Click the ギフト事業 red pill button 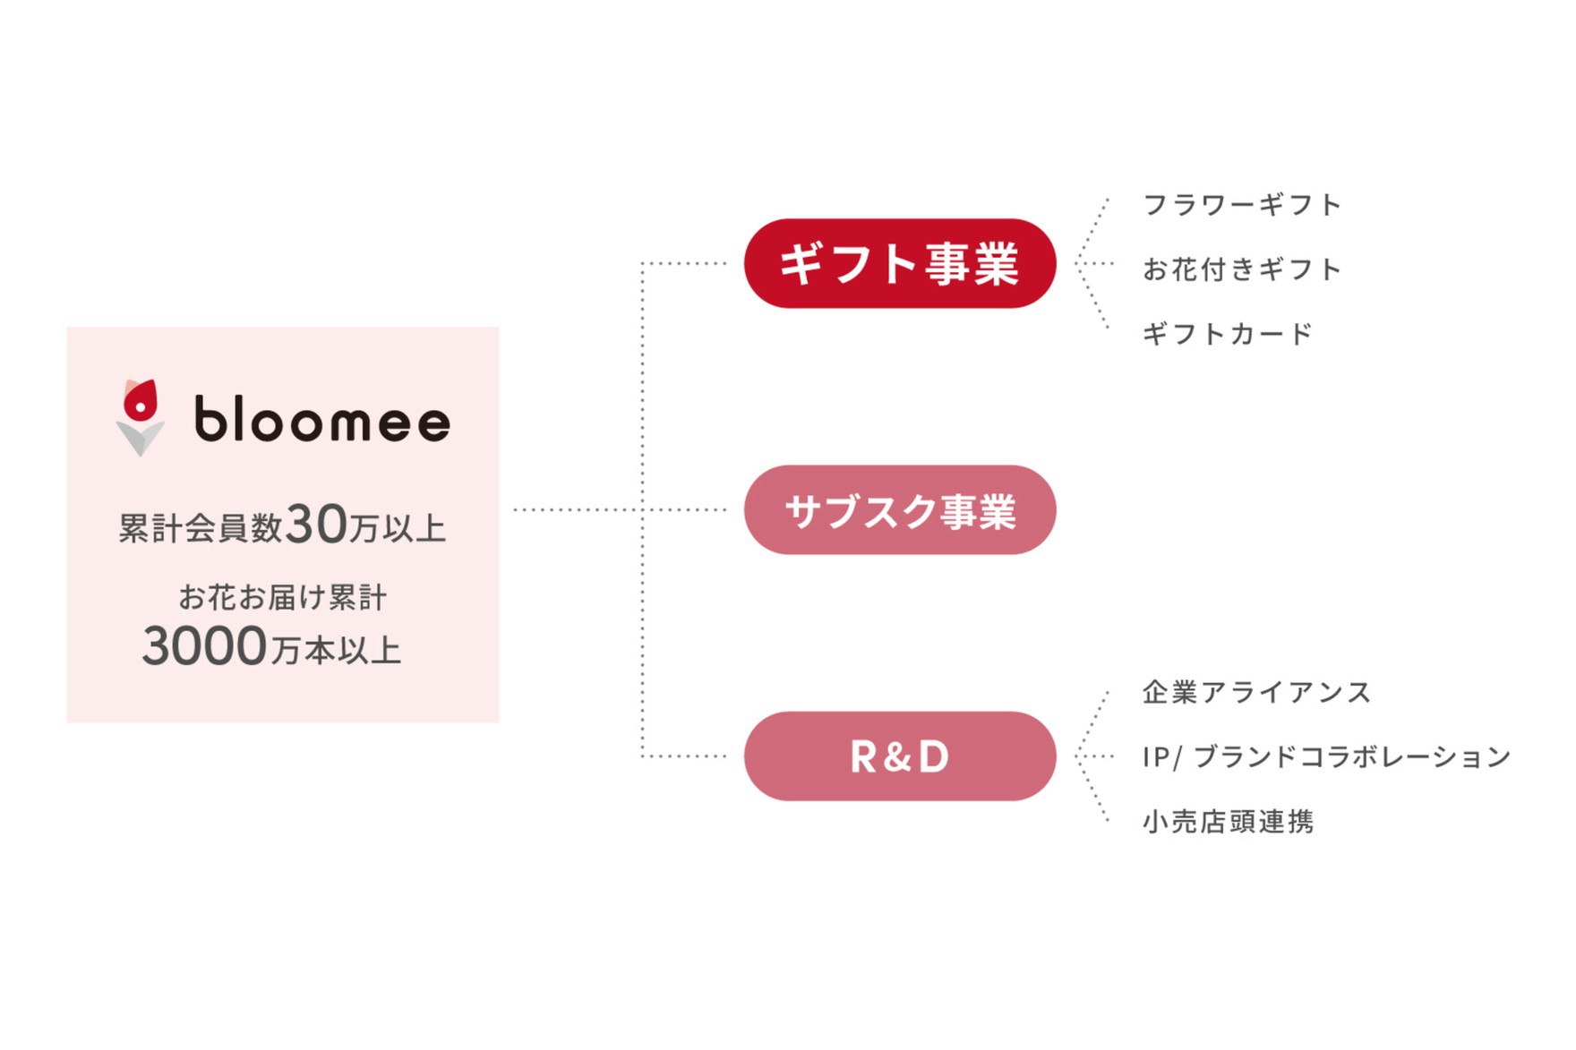(900, 263)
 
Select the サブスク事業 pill (900, 509)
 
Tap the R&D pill (900, 756)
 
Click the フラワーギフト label (1242, 205)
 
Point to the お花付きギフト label (1242, 269)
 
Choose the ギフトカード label (1228, 334)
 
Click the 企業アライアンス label (1256, 692)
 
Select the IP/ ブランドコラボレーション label (1326, 756)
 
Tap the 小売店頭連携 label (1229, 821)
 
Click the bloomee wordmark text (322, 419)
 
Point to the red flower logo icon (141, 400)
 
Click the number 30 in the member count (316, 525)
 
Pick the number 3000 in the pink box (204, 646)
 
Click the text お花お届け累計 (283, 597)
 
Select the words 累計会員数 (201, 528)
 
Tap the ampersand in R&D (900, 757)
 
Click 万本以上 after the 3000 (336, 651)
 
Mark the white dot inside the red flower (140, 407)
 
